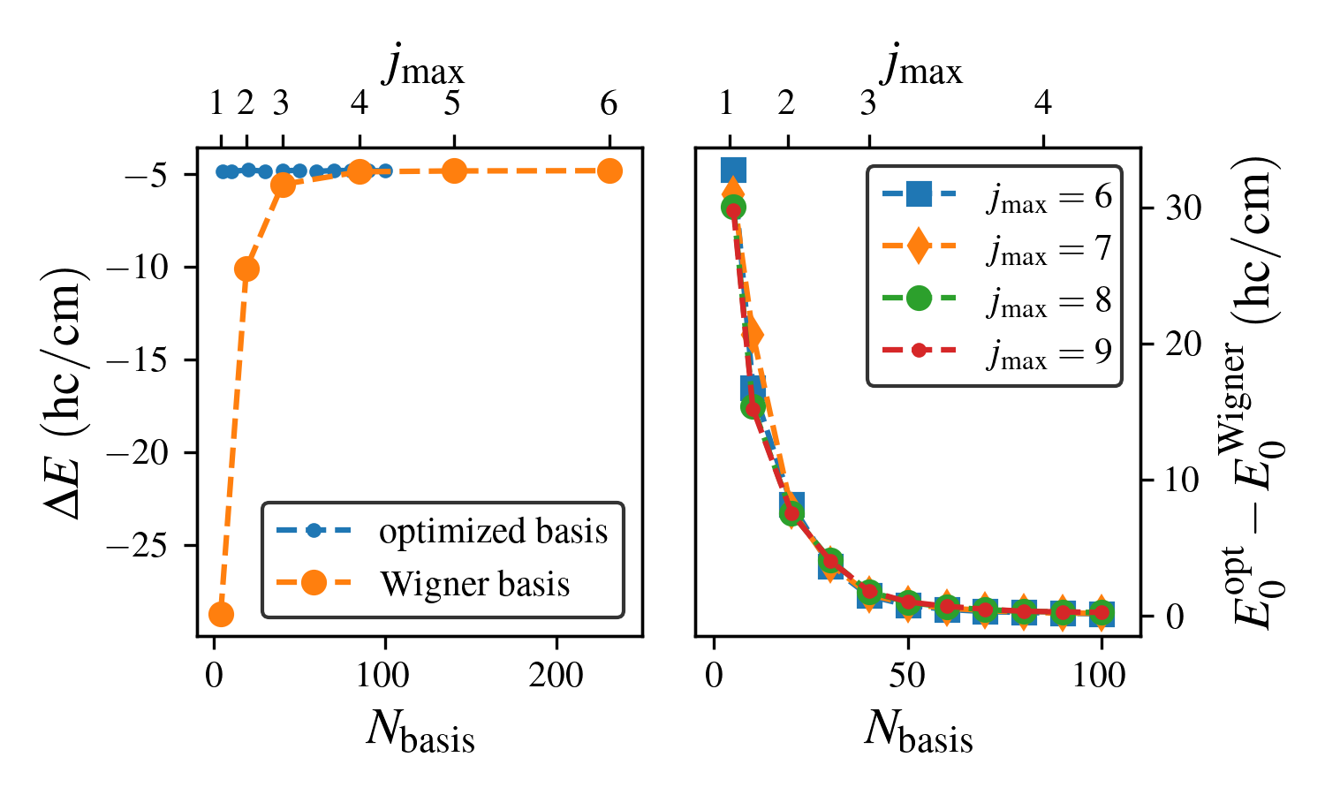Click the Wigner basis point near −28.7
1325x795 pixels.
coord(221,614)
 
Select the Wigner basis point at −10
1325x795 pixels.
coord(246,269)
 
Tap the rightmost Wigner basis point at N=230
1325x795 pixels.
coord(609,171)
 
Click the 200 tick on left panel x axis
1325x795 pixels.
coord(556,676)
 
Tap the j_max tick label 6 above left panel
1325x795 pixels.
coord(609,104)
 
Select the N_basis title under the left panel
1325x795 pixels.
coord(420,731)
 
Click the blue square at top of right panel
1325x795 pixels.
coord(733,170)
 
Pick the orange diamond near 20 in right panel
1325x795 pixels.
coord(752,336)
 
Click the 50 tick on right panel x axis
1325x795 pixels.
coord(907,676)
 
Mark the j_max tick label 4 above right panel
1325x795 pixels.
coord(1043,104)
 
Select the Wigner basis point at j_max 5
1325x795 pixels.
coord(454,171)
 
